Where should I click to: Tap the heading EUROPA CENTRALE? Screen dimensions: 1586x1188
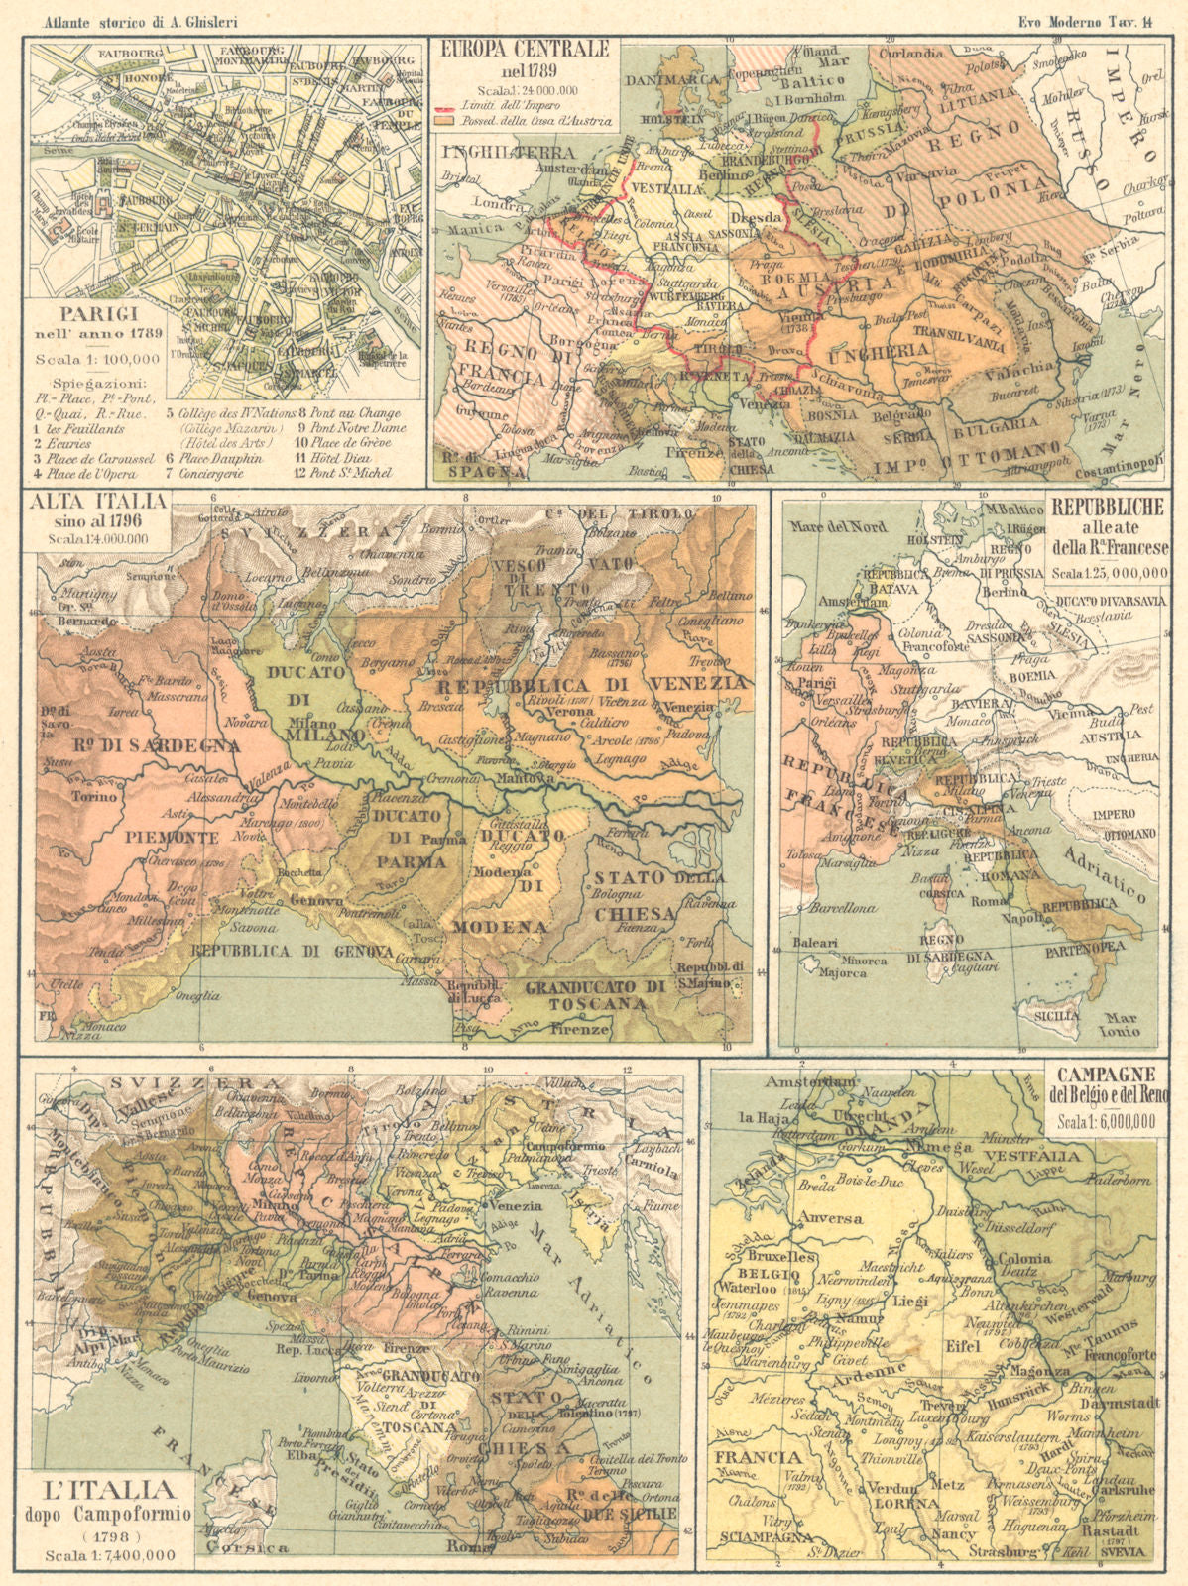click(x=524, y=48)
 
